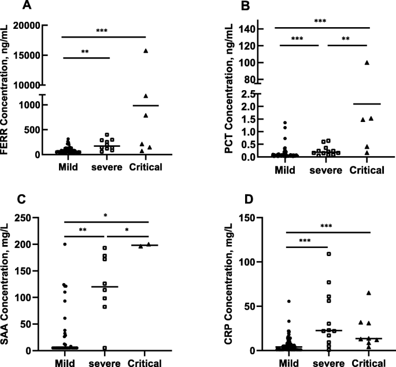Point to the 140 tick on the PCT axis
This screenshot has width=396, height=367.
point(257,29)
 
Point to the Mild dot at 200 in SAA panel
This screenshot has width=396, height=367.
point(65,244)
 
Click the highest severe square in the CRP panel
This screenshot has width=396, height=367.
point(329,254)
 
